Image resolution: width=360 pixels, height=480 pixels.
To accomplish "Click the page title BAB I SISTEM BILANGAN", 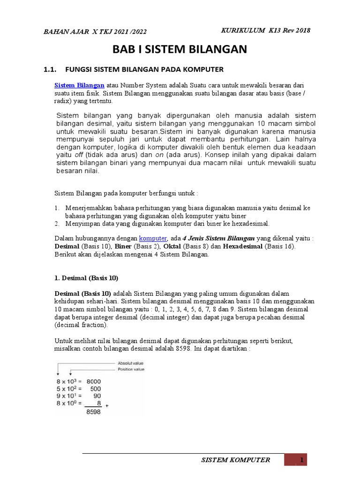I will (x=180, y=49).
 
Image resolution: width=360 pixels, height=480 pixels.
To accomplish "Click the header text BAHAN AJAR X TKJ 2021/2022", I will (x=95, y=31).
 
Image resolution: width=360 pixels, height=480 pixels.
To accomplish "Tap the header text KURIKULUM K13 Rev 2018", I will (x=265, y=30).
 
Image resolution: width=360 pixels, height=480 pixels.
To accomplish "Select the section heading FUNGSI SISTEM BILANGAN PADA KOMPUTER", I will (x=144, y=69).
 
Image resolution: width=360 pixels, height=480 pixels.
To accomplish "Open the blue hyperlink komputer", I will (x=153, y=238).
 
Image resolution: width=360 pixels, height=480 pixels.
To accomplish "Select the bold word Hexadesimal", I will (x=242, y=246).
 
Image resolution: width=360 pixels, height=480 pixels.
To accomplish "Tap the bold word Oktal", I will (x=191, y=246).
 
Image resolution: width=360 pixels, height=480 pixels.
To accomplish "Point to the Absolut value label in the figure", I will (x=132, y=362).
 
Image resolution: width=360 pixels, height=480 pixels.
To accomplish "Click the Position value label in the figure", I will (x=132, y=369).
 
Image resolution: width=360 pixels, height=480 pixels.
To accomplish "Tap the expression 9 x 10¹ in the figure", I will (x=69, y=396).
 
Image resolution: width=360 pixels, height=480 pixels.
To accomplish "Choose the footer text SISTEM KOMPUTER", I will (x=235, y=460).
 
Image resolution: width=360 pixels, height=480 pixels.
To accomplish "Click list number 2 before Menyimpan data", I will (x=57, y=224).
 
